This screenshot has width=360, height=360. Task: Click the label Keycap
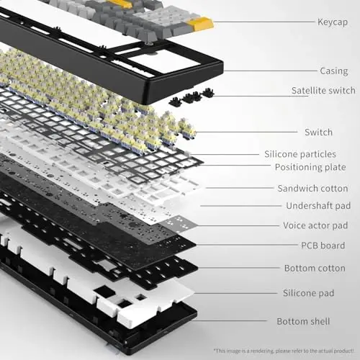coord(332,22)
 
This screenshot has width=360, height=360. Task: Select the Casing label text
coord(333,71)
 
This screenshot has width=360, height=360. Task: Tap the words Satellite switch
coord(323,91)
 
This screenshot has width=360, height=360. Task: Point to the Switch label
coord(319,132)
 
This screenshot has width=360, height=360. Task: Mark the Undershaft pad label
coord(315,206)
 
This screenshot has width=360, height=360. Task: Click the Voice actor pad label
coord(315,226)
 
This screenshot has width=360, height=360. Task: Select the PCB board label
coord(323,246)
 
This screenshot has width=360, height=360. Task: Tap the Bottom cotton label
coord(315,269)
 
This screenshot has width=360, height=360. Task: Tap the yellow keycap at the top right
coord(203,26)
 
